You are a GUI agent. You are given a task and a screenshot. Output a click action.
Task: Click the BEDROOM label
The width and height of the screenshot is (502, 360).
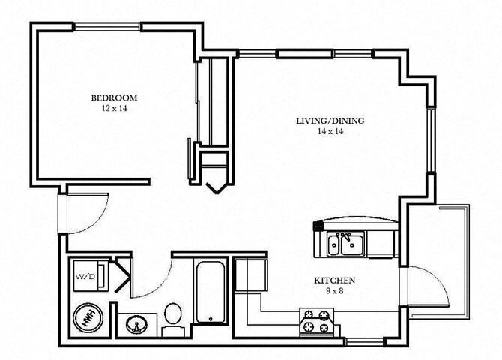pos(115,97)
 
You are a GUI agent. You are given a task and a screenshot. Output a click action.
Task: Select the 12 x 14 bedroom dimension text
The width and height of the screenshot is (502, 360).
pos(115,109)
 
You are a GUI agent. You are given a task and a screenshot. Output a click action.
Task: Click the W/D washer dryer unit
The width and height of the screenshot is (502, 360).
pos(85,277)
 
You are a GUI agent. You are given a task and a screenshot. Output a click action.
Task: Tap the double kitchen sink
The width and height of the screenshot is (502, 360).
pos(345,244)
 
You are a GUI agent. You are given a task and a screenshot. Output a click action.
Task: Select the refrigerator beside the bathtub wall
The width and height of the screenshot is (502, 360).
pos(250,274)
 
